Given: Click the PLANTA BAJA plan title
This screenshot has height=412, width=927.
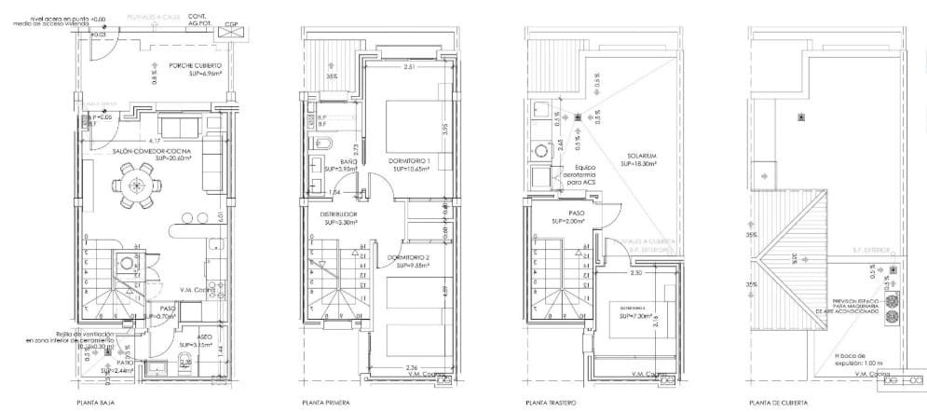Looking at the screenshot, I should coord(95,404).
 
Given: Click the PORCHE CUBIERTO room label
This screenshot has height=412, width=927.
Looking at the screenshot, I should coord(196,64).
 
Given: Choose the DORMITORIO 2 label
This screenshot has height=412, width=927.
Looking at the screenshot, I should coord(406,257).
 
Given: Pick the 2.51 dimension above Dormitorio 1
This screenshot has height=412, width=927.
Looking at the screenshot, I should coord(407,67).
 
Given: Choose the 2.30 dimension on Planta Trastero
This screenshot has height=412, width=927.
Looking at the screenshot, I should coord(635,273).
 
